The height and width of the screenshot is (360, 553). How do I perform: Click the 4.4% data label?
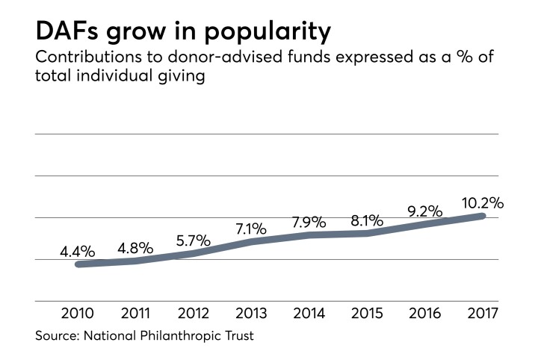pyautogui.click(x=78, y=252)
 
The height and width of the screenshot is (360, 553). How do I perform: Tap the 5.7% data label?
pyautogui.click(x=193, y=241)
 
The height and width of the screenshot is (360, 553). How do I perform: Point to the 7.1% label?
pyautogui.click(x=250, y=229)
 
